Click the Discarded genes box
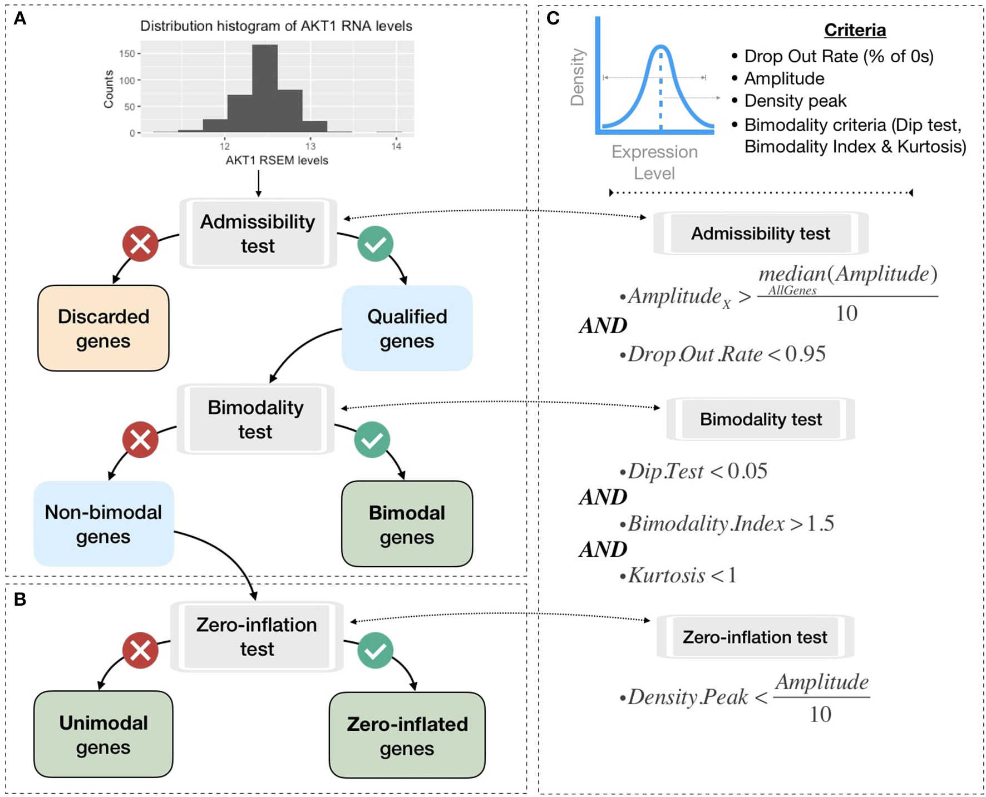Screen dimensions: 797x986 click(103, 328)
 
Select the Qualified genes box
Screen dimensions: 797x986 click(407, 328)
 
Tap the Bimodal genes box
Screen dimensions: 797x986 click(407, 524)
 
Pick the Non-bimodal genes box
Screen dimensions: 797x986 click(103, 524)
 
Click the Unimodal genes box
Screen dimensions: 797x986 click(103, 734)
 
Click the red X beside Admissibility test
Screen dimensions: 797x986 click(140, 244)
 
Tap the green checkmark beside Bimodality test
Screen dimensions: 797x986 click(372, 440)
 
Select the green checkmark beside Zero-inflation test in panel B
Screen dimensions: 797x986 click(376, 650)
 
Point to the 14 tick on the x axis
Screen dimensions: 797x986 click(396, 146)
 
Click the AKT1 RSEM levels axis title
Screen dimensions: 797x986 click(277, 161)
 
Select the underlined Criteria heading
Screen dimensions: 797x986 click(855, 30)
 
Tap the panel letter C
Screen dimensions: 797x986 click(553, 18)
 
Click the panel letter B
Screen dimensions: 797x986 click(20, 599)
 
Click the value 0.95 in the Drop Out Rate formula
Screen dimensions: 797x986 click(805, 354)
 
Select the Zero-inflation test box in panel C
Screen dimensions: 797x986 click(755, 637)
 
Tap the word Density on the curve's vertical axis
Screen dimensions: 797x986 click(578, 77)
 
